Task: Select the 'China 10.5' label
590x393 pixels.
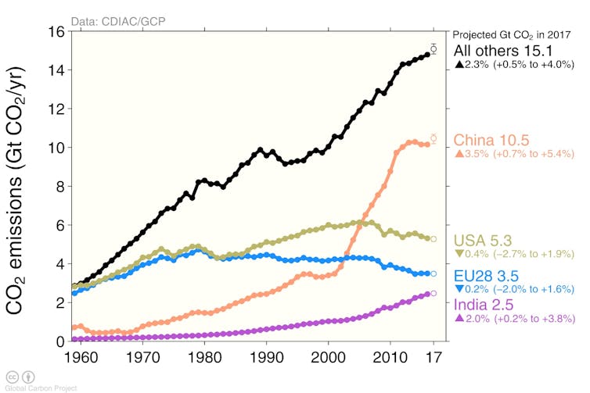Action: [491, 140]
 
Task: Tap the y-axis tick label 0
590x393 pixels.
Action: [58, 341]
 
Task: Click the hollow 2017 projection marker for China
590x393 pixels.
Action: [434, 139]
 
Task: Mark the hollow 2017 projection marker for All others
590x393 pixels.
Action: [434, 48]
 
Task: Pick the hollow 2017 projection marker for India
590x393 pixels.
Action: [434, 293]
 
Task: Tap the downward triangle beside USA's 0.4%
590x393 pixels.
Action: [459, 254]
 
